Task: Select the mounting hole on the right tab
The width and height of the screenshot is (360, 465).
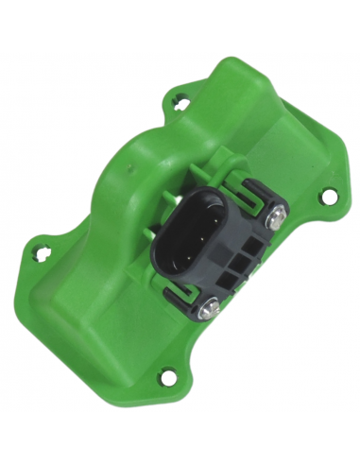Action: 329,196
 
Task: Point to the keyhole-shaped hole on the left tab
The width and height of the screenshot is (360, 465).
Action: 41,252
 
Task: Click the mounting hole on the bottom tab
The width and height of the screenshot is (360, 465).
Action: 170,378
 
